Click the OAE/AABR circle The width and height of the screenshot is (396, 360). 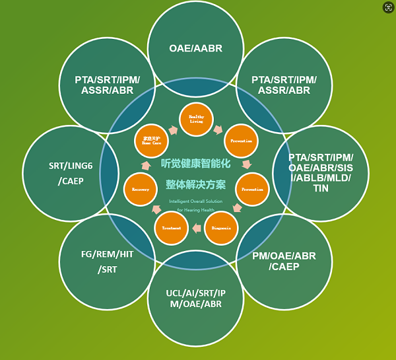(x=195, y=48)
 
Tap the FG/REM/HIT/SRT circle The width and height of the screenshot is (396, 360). (x=107, y=261)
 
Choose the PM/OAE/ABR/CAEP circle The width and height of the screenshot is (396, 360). (x=284, y=261)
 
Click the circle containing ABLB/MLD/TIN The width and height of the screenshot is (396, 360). (x=321, y=173)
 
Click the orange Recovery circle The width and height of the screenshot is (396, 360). (x=141, y=189)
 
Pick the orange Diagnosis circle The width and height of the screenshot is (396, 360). (x=221, y=228)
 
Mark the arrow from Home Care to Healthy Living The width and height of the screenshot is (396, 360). (x=174, y=130)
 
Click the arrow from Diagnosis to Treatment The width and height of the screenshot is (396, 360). (x=197, y=229)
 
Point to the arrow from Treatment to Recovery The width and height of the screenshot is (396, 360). (x=156, y=211)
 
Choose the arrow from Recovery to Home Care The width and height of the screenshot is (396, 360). (x=145, y=165)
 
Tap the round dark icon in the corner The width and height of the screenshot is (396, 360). (x=388, y=7)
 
